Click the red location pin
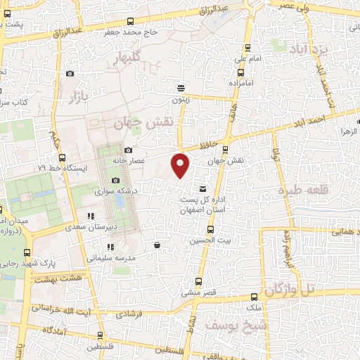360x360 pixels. (181, 165)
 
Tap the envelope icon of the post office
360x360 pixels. (203, 188)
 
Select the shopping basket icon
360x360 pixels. (156, 245)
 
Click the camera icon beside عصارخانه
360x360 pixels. (128, 150)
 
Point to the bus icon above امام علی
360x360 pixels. (247, 49)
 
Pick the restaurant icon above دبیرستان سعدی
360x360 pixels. (89, 216)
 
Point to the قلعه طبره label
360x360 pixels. (304, 190)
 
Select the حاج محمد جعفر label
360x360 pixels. (160, 32)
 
